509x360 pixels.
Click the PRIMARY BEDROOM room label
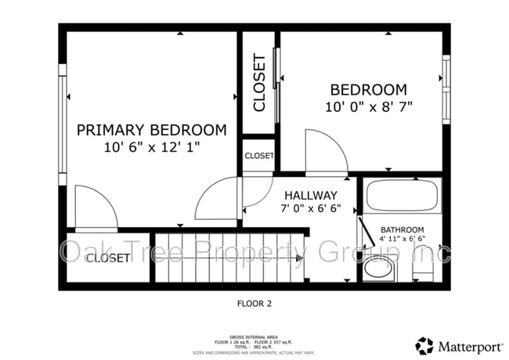click(x=151, y=130)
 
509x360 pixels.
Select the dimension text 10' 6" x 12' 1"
click(x=151, y=147)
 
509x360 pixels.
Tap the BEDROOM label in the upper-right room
click(x=368, y=90)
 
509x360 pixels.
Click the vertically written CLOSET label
click(x=259, y=83)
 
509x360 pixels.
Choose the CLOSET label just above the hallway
click(x=259, y=156)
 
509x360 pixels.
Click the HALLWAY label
click(x=311, y=195)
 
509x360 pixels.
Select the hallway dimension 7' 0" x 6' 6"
click(x=311, y=209)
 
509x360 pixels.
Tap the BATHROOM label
click(x=403, y=230)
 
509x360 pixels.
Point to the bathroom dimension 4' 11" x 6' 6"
click(x=403, y=239)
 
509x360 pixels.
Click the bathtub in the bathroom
click(x=403, y=196)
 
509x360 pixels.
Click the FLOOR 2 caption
click(x=254, y=302)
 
